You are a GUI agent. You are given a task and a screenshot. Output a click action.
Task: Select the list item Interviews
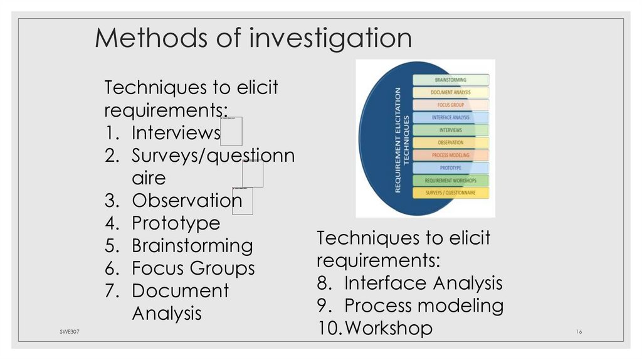click(x=176, y=133)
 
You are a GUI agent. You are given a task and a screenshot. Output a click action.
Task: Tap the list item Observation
click(x=186, y=201)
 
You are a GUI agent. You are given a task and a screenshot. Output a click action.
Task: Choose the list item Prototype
click(x=176, y=223)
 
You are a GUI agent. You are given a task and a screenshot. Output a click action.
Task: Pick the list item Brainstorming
click(x=192, y=246)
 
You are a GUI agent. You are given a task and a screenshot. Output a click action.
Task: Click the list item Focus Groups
click(x=193, y=268)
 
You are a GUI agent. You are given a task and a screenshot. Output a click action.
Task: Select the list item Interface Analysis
click(x=423, y=283)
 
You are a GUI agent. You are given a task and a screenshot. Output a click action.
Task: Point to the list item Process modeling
click(x=424, y=306)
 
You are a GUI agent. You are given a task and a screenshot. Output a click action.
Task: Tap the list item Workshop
click(x=389, y=328)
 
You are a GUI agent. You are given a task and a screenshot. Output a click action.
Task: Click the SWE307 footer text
click(x=62, y=331)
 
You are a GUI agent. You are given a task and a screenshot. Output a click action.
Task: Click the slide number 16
click(x=579, y=331)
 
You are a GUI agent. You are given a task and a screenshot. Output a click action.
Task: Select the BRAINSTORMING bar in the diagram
click(x=450, y=80)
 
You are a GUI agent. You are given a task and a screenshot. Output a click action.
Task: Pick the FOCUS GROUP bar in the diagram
click(x=450, y=105)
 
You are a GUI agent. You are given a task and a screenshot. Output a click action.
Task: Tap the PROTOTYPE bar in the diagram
click(x=450, y=167)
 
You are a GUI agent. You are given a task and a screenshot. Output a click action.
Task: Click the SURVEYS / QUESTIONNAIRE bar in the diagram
click(x=450, y=193)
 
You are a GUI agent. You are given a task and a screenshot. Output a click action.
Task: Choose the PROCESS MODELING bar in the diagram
click(x=450, y=155)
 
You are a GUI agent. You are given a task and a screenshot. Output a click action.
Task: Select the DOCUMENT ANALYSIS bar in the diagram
click(x=450, y=93)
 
